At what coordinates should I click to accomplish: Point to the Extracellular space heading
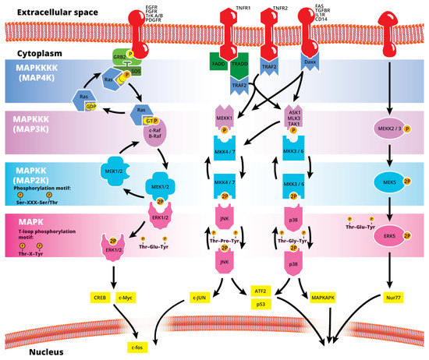(x=43, y=11)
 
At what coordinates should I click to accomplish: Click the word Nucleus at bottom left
(x=24, y=351)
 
